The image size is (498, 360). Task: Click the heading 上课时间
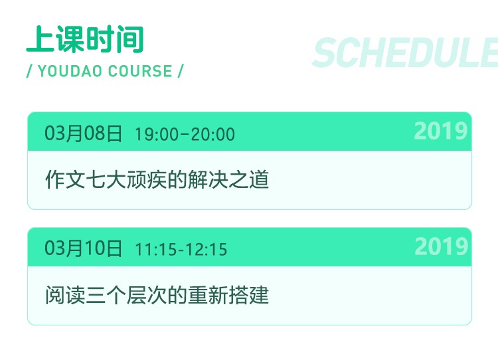(85, 39)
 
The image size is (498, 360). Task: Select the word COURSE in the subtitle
(140, 71)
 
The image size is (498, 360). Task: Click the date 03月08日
(83, 134)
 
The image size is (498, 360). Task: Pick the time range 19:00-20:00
(185, 134)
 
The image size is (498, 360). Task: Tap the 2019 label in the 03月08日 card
(441, 131)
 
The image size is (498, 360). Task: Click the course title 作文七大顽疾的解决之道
(157, 179)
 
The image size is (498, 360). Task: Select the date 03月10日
(83, 248)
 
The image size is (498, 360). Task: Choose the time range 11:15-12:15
(181, 250)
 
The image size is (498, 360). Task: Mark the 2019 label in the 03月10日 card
(442, 246)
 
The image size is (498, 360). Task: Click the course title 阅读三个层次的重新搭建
(157, 295)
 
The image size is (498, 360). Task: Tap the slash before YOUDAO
(29, 71)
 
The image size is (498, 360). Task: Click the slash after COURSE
(181, 71)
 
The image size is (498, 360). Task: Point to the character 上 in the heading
(40, 39)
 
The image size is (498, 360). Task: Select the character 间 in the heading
(130, 39)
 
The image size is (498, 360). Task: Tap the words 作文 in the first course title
(65, 179)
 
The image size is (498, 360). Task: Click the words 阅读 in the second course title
(65, 295)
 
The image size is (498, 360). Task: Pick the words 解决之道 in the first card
(228, 179)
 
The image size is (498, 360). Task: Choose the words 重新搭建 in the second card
(228, 295)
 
